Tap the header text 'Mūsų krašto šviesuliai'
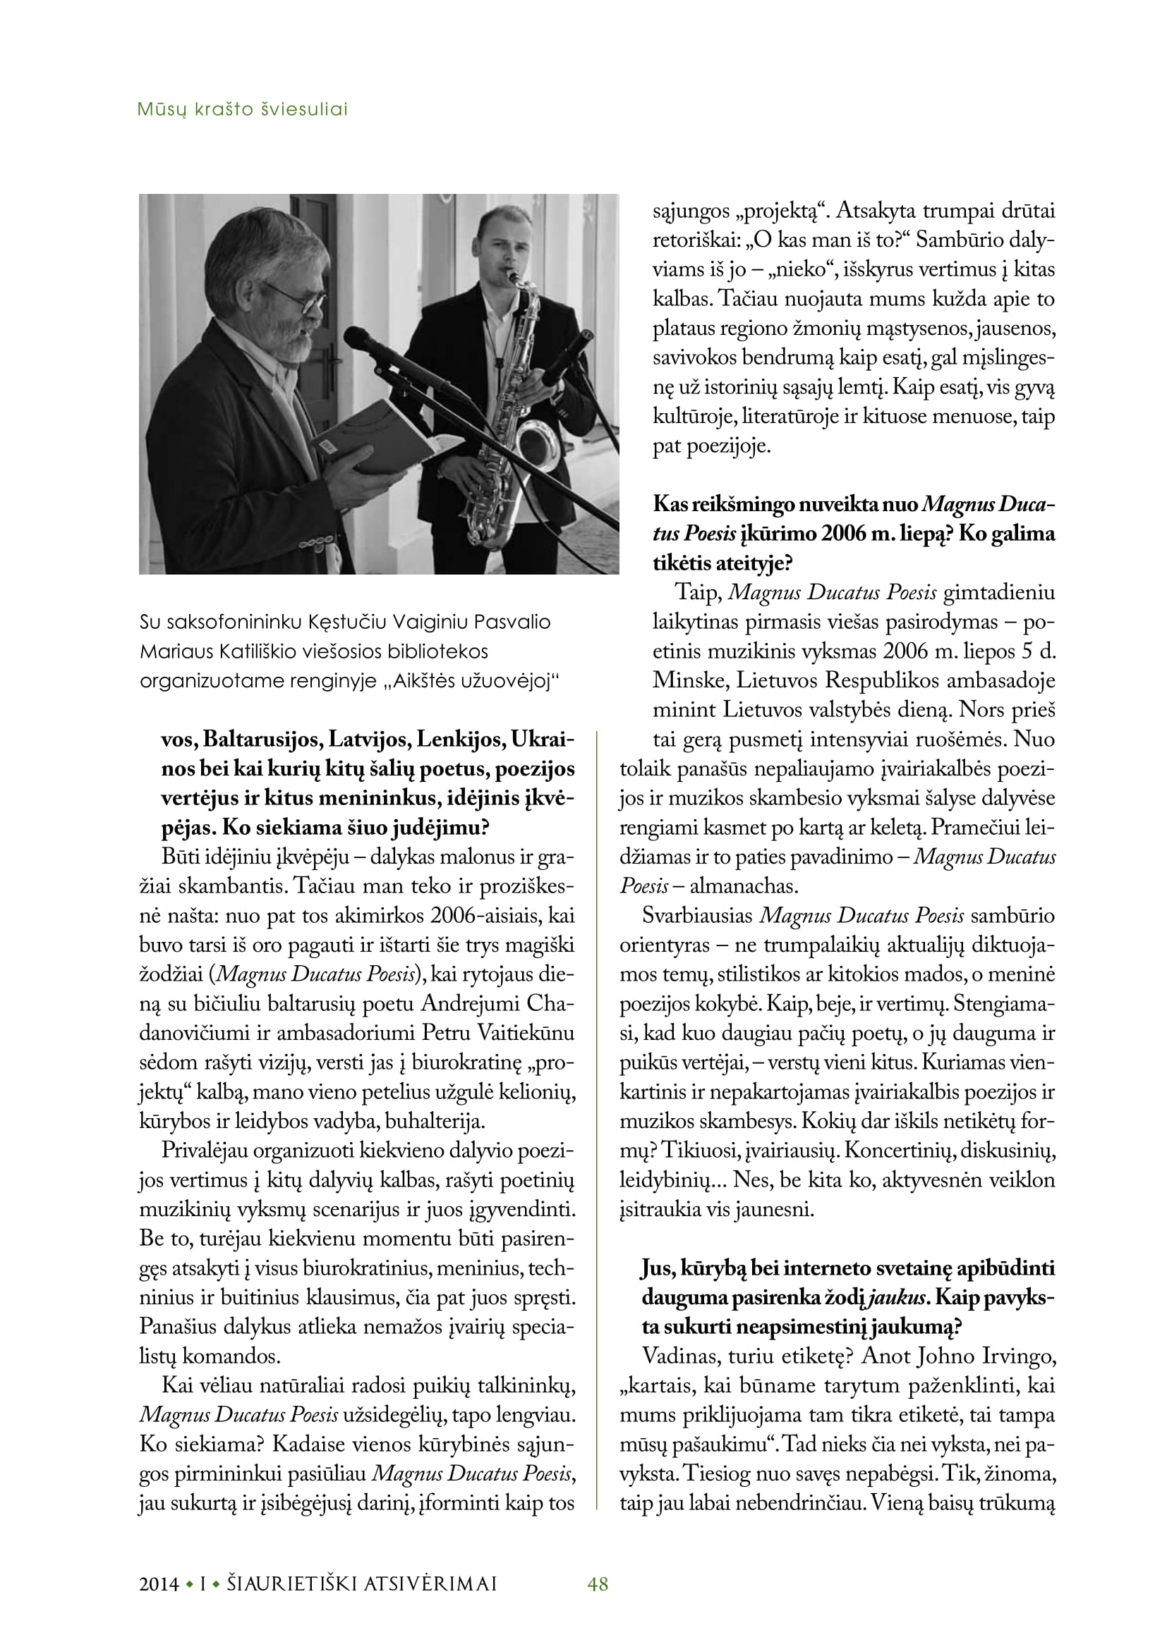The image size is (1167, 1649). click(242, 110)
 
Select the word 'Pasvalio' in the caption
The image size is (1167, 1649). click(516, 622)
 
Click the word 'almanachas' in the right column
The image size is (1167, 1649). click(743, 886)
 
